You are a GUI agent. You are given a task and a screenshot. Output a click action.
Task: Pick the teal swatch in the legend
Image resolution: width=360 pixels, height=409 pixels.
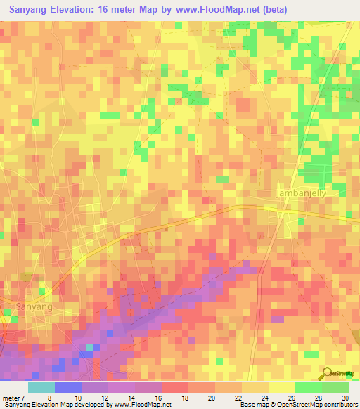point(41,388)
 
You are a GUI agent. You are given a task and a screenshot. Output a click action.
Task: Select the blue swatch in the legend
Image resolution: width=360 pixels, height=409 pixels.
point(68,388)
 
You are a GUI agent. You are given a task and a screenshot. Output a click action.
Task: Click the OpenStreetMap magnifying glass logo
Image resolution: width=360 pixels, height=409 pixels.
point(327,372)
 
